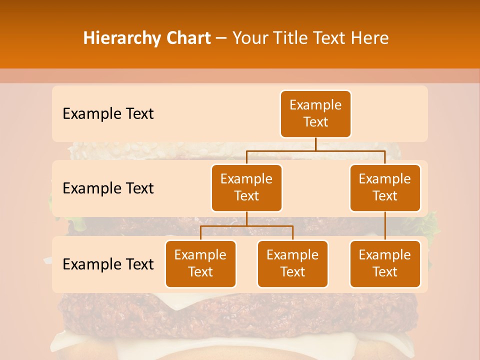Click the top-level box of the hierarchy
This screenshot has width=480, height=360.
tap(315, 113)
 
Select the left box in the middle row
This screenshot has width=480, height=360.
tap(246, 187)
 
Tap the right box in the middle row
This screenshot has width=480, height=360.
tap(385, 187)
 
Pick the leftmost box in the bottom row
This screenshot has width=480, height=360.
tap(200, 263)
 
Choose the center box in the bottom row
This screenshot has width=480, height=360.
tap(292, 263)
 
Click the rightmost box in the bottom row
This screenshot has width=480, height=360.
tap(385, 263)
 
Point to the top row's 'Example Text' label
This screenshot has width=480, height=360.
tap(108, 114)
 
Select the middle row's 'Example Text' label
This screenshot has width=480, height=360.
tap(108, 188)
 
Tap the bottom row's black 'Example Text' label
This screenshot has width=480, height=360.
tap(108, 264)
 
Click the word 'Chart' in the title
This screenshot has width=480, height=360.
tap(187, 38)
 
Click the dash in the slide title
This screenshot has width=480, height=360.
tap(222, 38)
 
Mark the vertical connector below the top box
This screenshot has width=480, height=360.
tap(315, 144)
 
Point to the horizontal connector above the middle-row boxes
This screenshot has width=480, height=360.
tap(315, 150)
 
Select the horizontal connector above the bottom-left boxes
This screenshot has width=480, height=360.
tap(246, 226)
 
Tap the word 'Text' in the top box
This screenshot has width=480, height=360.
tap(315, 122)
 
